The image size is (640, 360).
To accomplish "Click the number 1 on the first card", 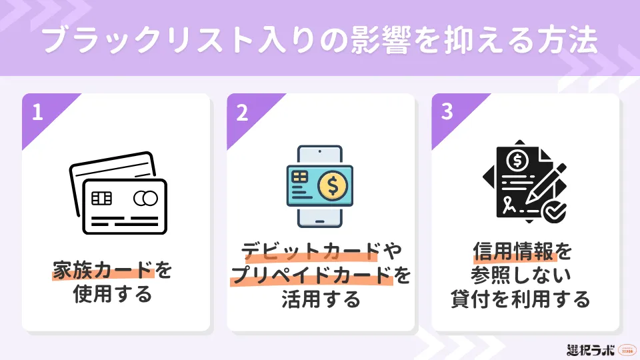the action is pos(37,112).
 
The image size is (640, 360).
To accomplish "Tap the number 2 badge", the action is pos(242,112).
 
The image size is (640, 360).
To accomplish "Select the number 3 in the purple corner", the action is pos(447,111).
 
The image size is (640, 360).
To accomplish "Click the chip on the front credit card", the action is pos(101,199).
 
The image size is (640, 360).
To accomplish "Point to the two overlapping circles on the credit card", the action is pos(146,199).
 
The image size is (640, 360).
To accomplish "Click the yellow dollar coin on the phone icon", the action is pos(332,186).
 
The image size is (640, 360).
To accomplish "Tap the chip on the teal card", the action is pos(299,177).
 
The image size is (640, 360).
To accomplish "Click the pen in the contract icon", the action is pos(546,184).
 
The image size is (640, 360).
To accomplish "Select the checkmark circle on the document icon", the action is pos(553,211).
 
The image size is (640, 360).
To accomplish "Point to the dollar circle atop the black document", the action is pos(517,161).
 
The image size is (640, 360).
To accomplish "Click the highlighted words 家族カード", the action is pos(103,270).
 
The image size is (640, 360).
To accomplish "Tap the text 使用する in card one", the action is pos(112,294).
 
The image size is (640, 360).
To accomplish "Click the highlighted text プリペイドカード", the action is pos(311,275).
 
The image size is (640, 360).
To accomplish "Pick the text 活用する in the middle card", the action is pos(321,299).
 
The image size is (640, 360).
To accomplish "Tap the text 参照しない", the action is pos(521,275).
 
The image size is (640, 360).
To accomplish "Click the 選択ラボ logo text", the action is pos(591,350).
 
